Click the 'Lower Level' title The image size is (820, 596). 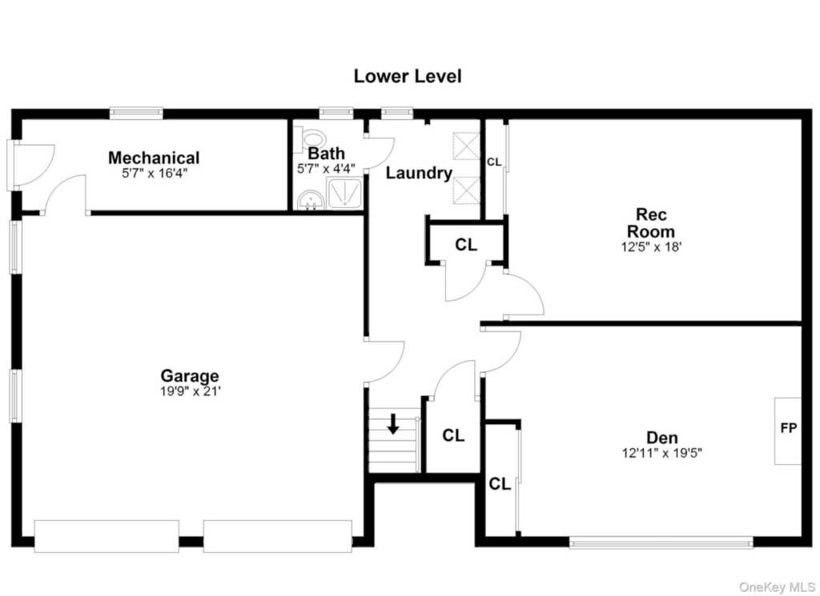tap(407, 77)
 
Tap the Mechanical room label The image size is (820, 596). tap(154, 158)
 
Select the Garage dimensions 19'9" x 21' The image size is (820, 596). tap(189, 391)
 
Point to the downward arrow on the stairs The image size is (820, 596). tap(392, 424)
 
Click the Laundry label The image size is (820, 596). tap(419, 173)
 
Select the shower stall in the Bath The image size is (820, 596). tap(345, 193)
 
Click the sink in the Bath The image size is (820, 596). tap(307, 200)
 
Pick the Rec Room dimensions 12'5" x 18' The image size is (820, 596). tap(651, 246)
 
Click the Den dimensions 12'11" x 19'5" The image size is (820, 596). tap(661, 453)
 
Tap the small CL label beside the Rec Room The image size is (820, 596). tap(494, 162)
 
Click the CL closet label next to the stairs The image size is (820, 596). tap(453, 435)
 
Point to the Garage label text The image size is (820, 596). tap(189, 375)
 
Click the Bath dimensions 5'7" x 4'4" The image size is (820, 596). tap(327, 169)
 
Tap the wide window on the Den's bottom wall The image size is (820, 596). tap(661, 542)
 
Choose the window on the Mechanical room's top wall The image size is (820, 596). tap(136, 113)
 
